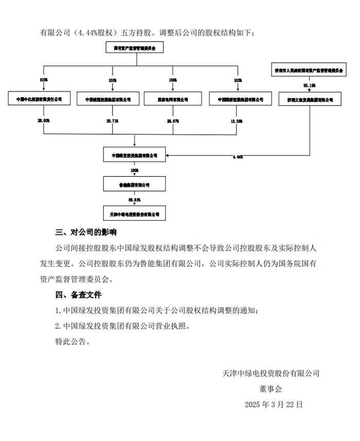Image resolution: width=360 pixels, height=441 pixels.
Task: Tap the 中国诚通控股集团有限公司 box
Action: coord(107,99)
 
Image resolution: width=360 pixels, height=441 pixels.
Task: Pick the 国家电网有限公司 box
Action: coord(172,99)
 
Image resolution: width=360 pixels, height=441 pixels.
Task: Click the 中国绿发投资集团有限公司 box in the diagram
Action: coord(134,155)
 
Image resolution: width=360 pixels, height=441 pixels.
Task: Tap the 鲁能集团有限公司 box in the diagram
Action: coord(134,183)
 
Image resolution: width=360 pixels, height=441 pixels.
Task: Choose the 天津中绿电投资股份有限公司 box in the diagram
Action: coord(134,213)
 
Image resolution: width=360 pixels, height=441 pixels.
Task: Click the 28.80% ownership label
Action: coord(43,120)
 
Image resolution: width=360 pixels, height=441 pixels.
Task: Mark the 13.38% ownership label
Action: coord(237,120)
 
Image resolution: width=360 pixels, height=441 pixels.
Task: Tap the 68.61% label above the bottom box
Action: coord(134,199)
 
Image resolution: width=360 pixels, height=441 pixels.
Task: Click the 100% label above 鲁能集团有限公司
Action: coord(134,170)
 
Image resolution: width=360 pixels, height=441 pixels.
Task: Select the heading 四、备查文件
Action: coord(78,295)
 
